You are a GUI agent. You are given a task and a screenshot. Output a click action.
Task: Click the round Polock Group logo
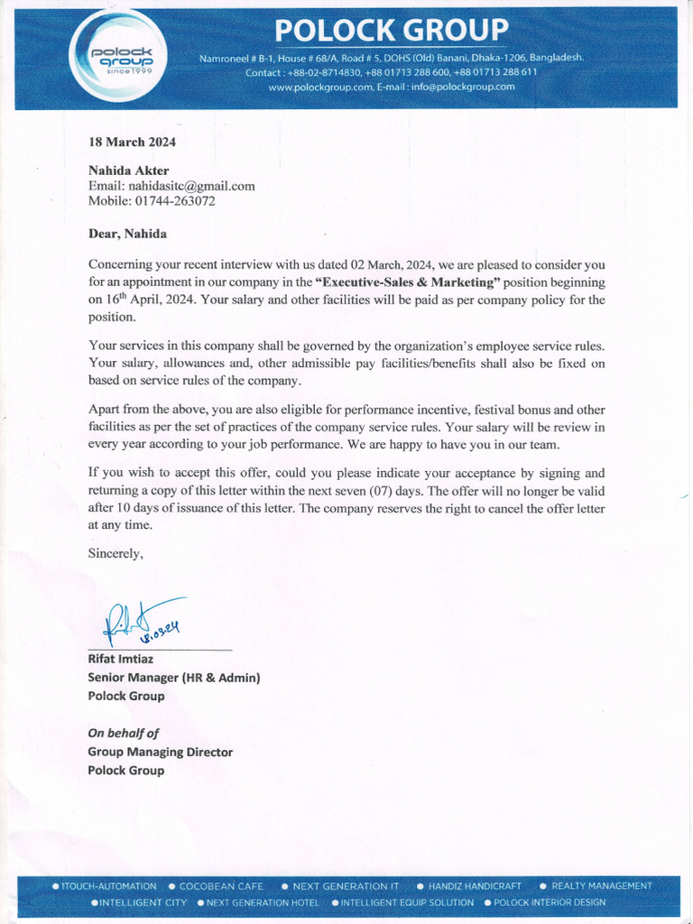(x=117, y=58)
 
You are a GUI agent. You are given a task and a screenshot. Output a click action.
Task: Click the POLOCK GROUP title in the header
(x=392, y=31)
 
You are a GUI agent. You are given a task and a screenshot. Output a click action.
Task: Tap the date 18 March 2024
(x=132, y=142)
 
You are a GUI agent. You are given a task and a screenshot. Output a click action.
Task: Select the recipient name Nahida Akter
(x=128, y=171)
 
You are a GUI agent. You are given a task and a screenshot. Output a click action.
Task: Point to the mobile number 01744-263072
(x=175, y=201)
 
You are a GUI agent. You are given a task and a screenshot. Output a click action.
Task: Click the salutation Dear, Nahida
(x=127, y=234)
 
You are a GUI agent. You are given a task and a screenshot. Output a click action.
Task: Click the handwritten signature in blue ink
(x=144, y=622)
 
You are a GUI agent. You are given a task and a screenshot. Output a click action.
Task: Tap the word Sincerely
(x=115, y=554)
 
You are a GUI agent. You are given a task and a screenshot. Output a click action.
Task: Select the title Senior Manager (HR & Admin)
(x=173, y=678)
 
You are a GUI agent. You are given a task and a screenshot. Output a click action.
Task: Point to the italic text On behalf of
(x=123, y=734)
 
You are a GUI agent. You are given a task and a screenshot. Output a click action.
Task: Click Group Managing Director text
(x=160, y=752)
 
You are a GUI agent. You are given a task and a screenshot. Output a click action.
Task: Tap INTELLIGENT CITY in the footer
(x=143, y=902)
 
